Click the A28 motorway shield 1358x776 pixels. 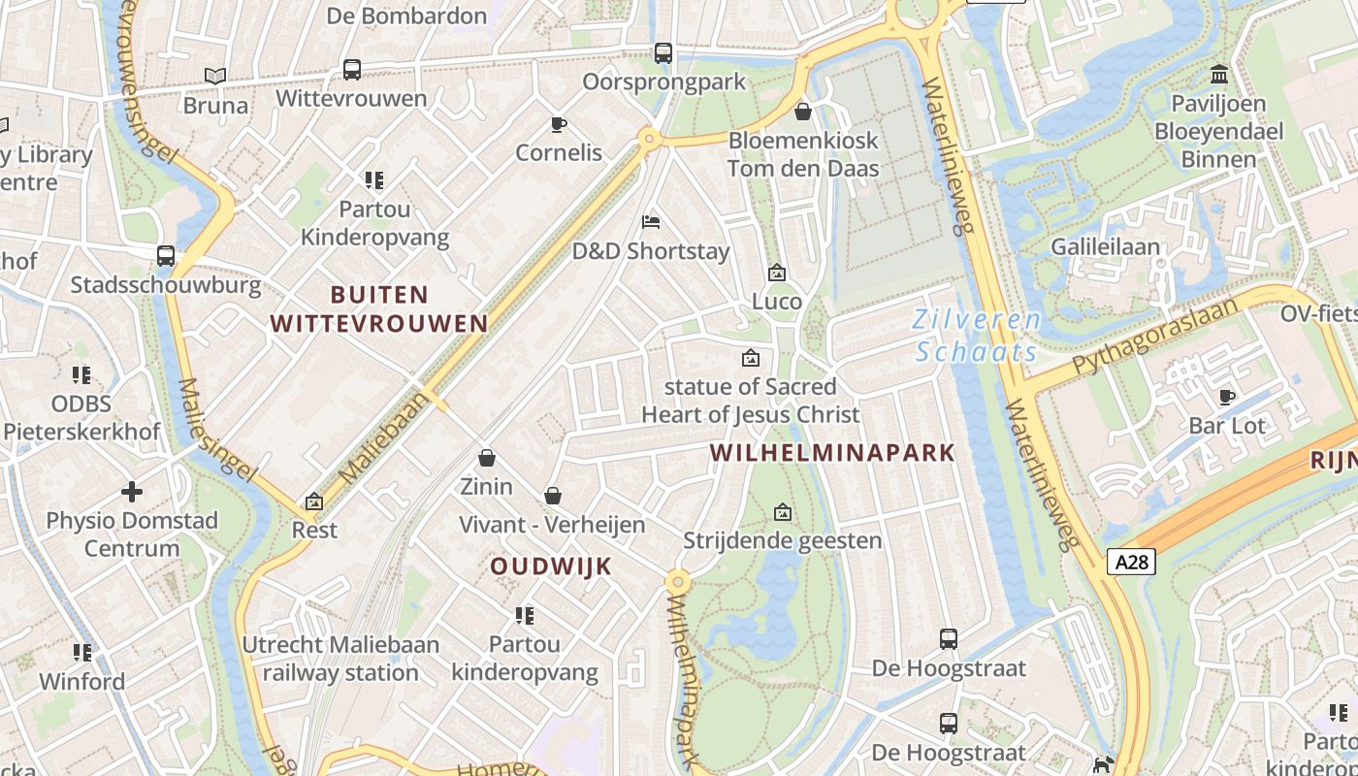(1132, 562)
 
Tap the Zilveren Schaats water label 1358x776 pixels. (978, 335)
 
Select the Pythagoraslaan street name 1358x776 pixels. (1155, 337)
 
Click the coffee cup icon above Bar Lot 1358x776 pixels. (1227, 397)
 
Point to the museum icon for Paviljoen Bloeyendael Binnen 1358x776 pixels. (1219, 74)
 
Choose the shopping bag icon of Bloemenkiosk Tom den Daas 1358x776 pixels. (802, 112)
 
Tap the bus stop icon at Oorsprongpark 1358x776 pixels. (663, 53)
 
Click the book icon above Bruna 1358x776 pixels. (215, 76)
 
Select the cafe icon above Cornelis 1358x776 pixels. (558, 124)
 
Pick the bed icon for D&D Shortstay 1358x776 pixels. (651, 222)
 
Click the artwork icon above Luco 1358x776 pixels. (776, 273)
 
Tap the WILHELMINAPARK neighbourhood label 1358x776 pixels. (832, 453)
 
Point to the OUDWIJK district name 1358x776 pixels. (550, 566)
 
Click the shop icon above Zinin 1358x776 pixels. (486, 457)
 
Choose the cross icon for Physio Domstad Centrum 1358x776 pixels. (131, 492)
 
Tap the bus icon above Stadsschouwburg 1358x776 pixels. (166, 256)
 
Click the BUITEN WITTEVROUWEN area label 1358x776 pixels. (379, 308)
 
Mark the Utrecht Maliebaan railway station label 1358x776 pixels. (340, 659)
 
